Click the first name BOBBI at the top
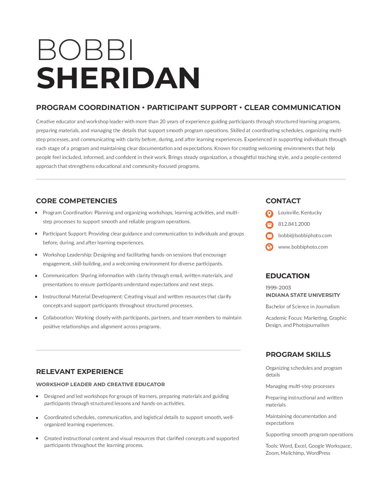86,50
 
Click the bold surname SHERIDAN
118,78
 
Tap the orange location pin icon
270,213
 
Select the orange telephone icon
270,224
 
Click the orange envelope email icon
270,236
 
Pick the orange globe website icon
270,247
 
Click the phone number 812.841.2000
294,224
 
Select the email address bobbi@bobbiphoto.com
305,235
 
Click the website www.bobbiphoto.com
303,247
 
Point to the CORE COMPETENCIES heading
76,201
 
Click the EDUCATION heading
287,276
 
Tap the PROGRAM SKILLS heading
298,354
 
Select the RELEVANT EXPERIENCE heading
80,372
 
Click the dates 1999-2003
278,288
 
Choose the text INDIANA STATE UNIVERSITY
302,295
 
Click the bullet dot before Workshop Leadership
36,255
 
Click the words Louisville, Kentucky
300,213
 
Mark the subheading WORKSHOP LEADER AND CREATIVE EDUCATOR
100,384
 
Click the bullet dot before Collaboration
36,318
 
